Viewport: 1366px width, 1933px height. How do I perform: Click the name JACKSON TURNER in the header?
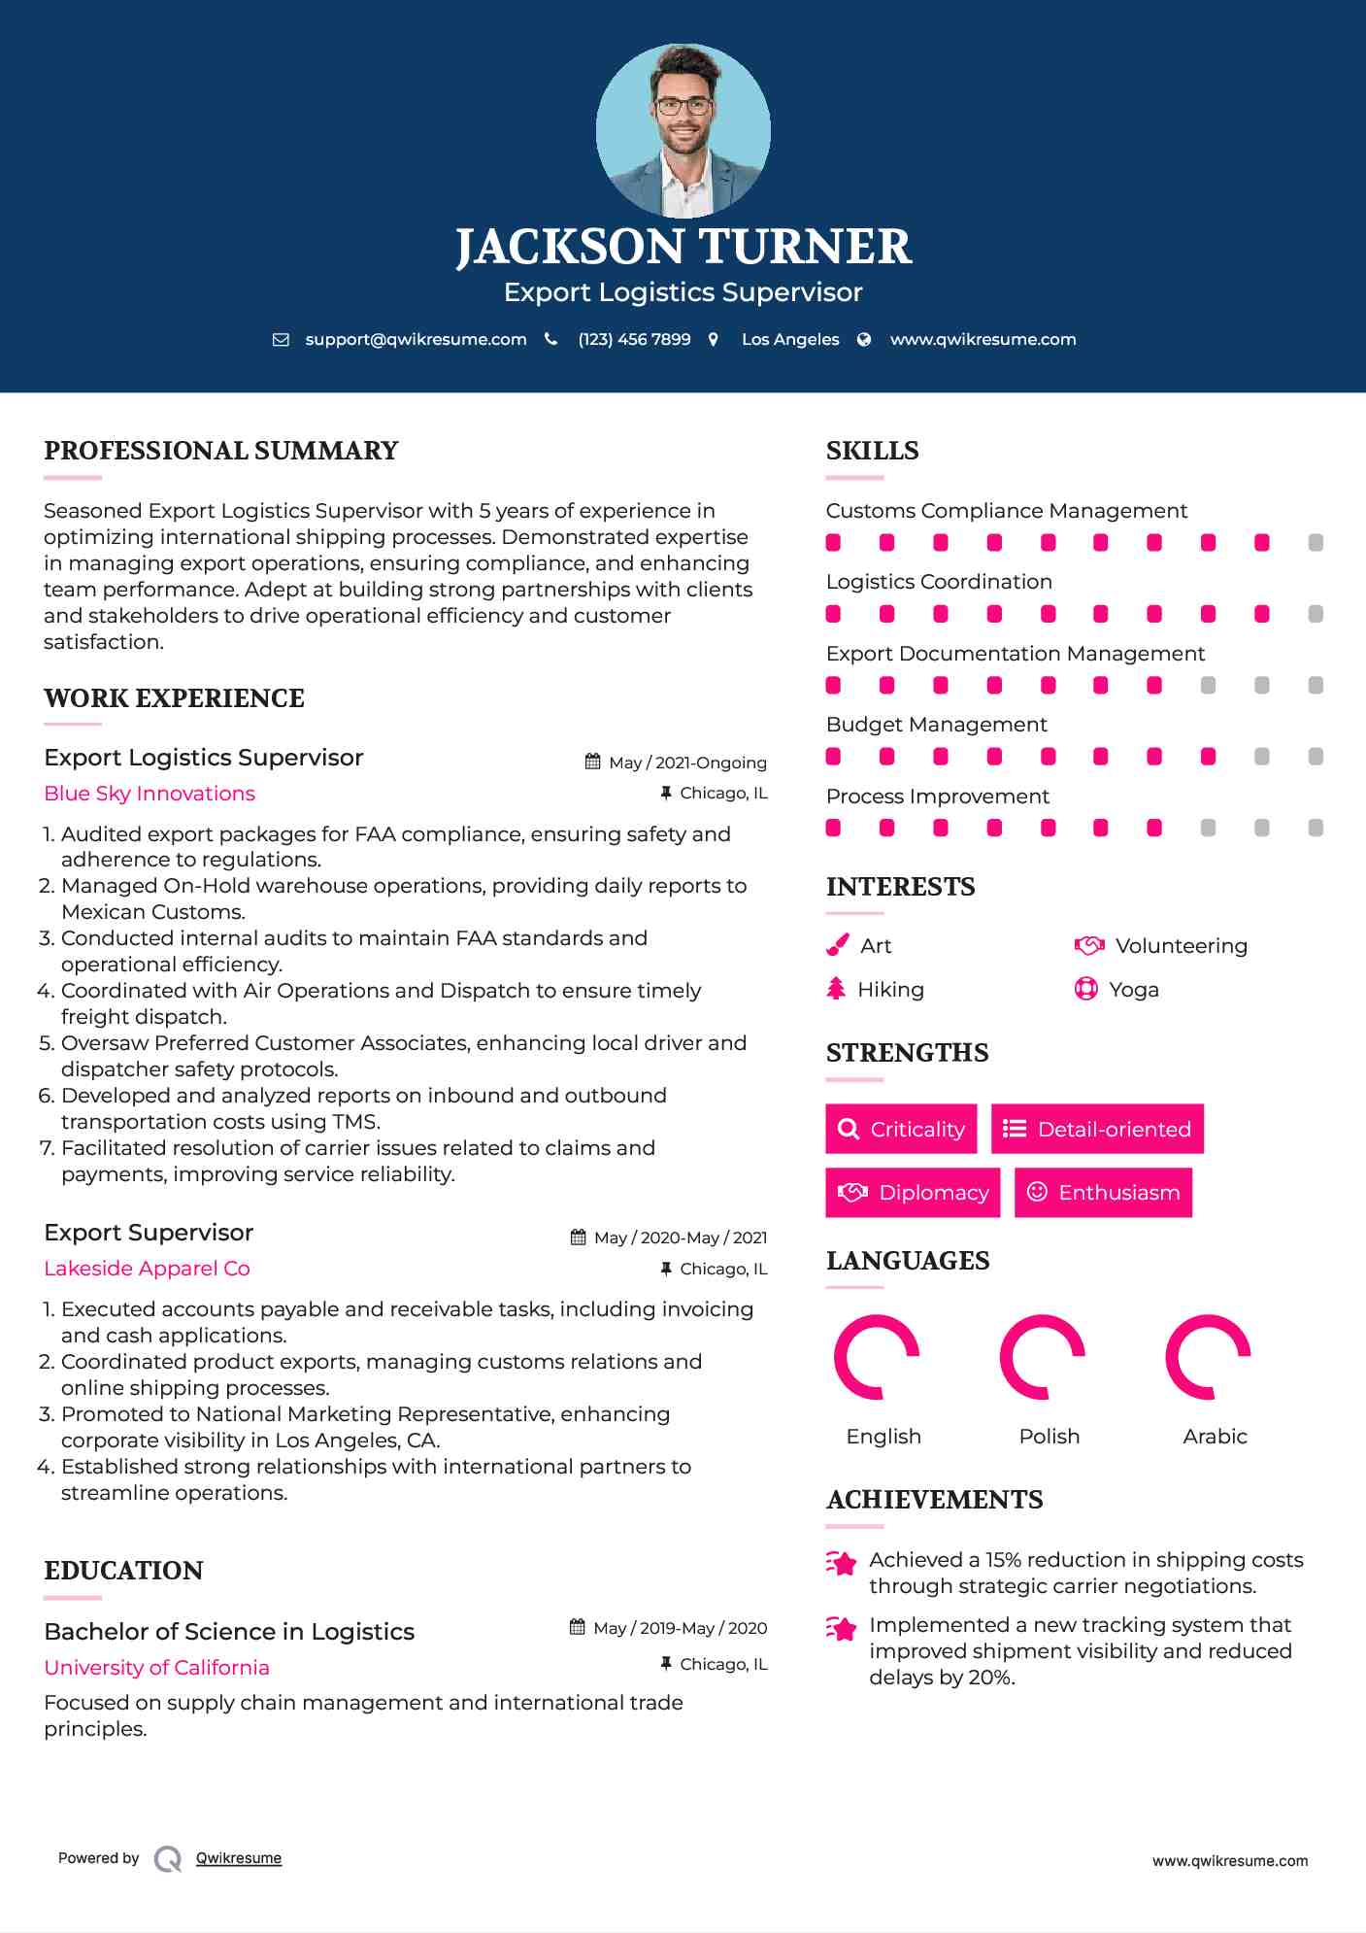[683, 247]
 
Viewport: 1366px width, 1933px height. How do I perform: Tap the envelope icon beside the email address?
[281, 340]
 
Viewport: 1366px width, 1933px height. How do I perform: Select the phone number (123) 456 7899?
[634, 340]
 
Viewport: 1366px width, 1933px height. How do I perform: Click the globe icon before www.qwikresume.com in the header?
[864, 340]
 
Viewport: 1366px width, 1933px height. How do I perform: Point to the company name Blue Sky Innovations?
[150, 794]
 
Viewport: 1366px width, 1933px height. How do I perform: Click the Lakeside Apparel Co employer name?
[147, 1269]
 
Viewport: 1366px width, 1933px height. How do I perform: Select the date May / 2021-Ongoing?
[687, 763]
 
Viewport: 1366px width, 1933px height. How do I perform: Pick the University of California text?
[156, 1668]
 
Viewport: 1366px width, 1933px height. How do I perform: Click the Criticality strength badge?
[901, 1129]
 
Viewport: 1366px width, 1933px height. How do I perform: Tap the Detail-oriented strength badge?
[1097, 1129]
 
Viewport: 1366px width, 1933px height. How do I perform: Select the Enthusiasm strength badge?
[1103, 1193]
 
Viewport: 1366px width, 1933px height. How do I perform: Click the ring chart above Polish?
[1043, 1357]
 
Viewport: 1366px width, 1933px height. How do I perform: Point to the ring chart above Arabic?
[1208, 1357]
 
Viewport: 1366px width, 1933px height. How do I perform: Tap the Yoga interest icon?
[1085, 990]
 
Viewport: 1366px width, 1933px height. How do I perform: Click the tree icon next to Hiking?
[836, 990]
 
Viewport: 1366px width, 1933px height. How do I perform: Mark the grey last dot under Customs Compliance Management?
[1316, 543]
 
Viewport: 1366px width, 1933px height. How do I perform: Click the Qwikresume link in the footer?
[239, 1858]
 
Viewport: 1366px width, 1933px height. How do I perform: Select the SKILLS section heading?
[872, 451]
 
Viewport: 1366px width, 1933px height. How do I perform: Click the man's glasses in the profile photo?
[683, 106]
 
